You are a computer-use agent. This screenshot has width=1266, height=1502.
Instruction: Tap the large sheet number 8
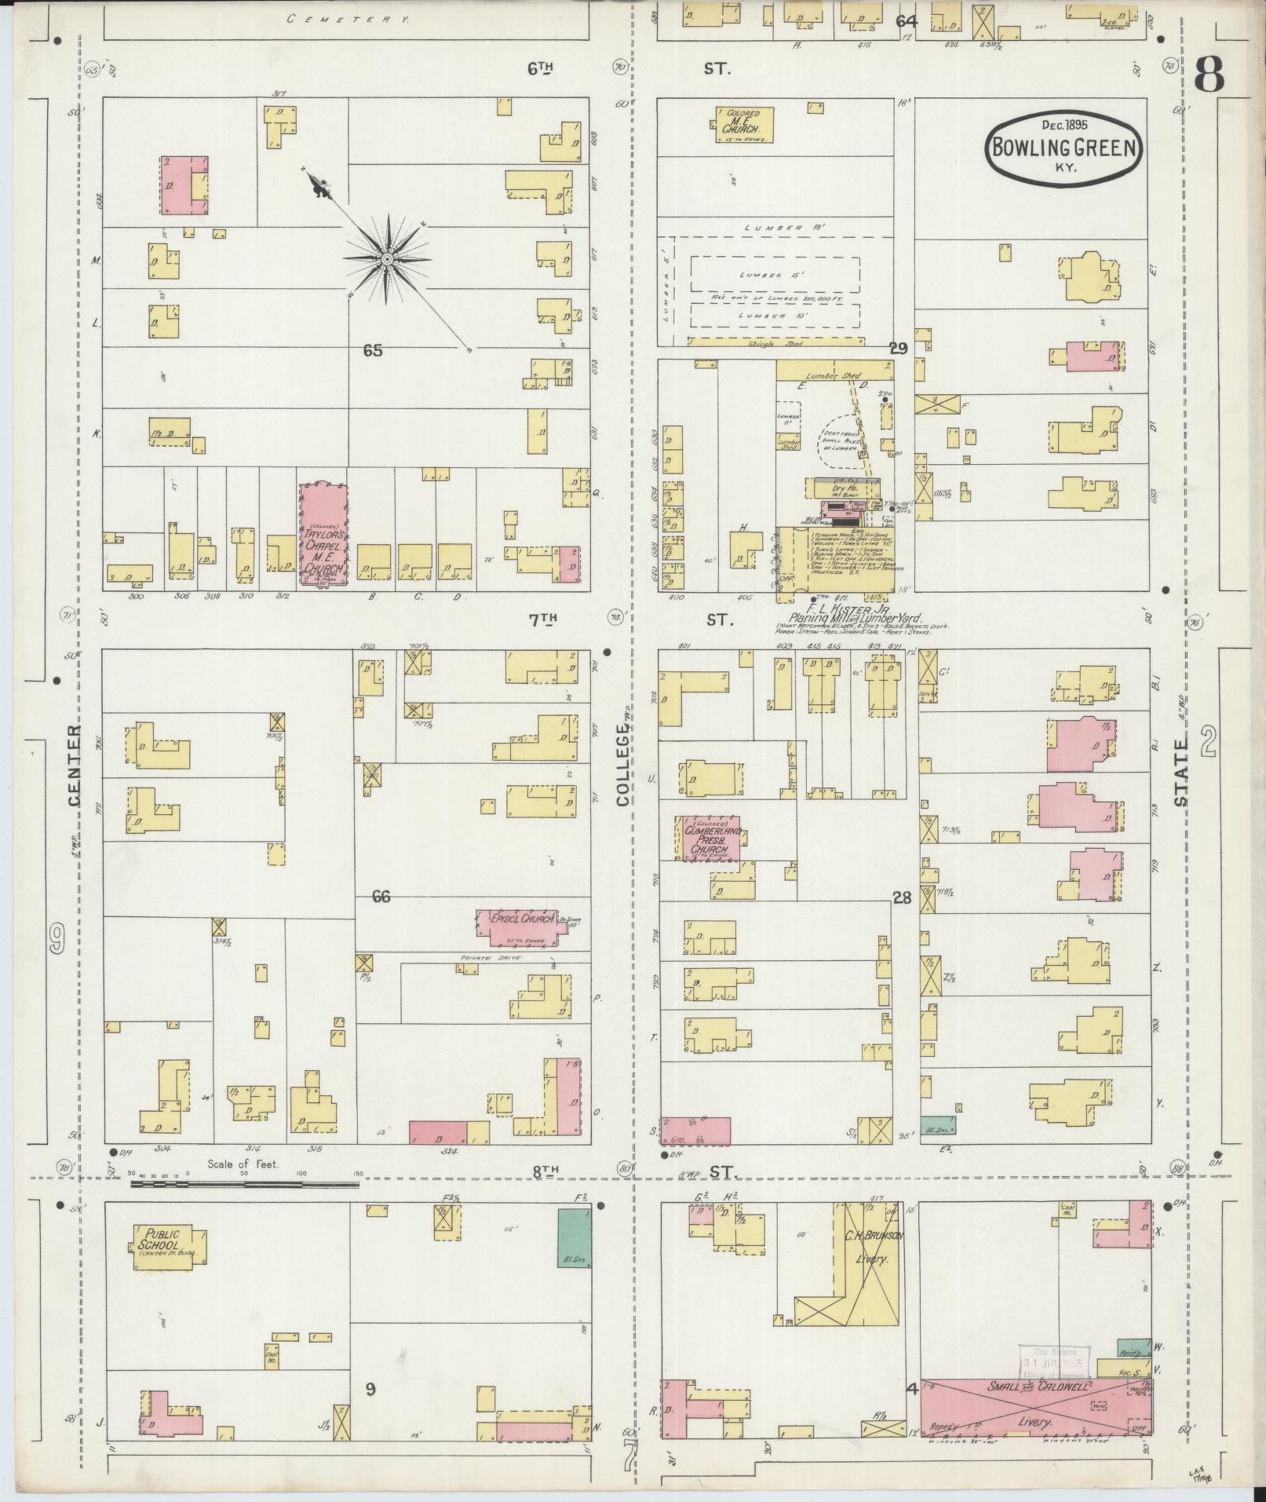coord(1209,77)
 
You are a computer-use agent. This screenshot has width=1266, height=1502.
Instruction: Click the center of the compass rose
coord(388,258)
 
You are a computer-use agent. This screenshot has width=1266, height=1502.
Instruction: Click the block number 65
coord(373,351)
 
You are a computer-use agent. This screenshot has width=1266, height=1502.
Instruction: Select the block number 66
coord(381,897)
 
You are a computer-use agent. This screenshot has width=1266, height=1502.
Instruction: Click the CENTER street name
coord(75,766)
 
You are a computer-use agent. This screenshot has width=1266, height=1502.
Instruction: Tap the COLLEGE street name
coord(623,766)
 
